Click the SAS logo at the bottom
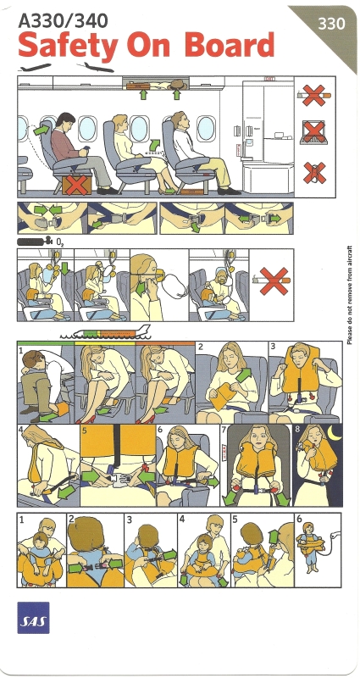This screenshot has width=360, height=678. point(33,618)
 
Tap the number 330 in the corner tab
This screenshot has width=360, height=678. point(331,24)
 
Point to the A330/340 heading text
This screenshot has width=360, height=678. point(63,20)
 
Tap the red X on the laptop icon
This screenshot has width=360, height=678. point(314,132)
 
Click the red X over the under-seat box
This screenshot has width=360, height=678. point(77,186)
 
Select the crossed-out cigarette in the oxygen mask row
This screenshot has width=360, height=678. point(274,281)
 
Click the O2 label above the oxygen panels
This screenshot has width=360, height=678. point(60,242)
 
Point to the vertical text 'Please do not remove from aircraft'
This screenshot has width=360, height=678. point(349,295)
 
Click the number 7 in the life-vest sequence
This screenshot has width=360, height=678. point(224,430)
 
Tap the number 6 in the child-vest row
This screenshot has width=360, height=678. point(299,519)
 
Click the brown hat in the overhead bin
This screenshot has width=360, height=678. point(178,84)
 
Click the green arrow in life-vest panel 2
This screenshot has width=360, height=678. point(244,374)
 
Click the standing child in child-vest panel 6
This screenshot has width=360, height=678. point(308,547)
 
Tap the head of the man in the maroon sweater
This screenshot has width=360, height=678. point(65,122)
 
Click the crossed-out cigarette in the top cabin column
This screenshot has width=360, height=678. point(314,95)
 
